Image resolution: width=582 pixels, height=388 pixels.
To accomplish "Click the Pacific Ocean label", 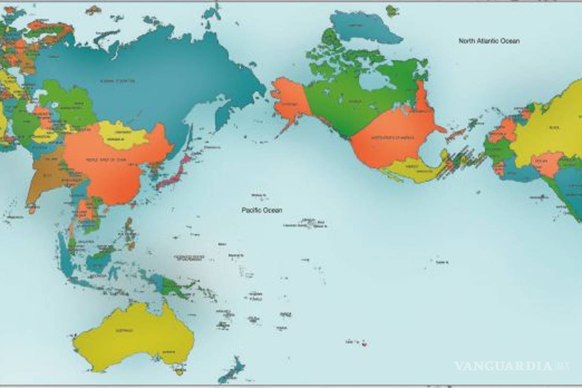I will [x=262, y=210].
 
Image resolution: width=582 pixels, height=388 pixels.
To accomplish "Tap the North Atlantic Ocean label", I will [x=489, y=41].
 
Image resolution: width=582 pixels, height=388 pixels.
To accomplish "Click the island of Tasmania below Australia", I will [x=180, y=372].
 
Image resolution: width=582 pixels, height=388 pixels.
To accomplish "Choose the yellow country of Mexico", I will [x=407, y=170].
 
